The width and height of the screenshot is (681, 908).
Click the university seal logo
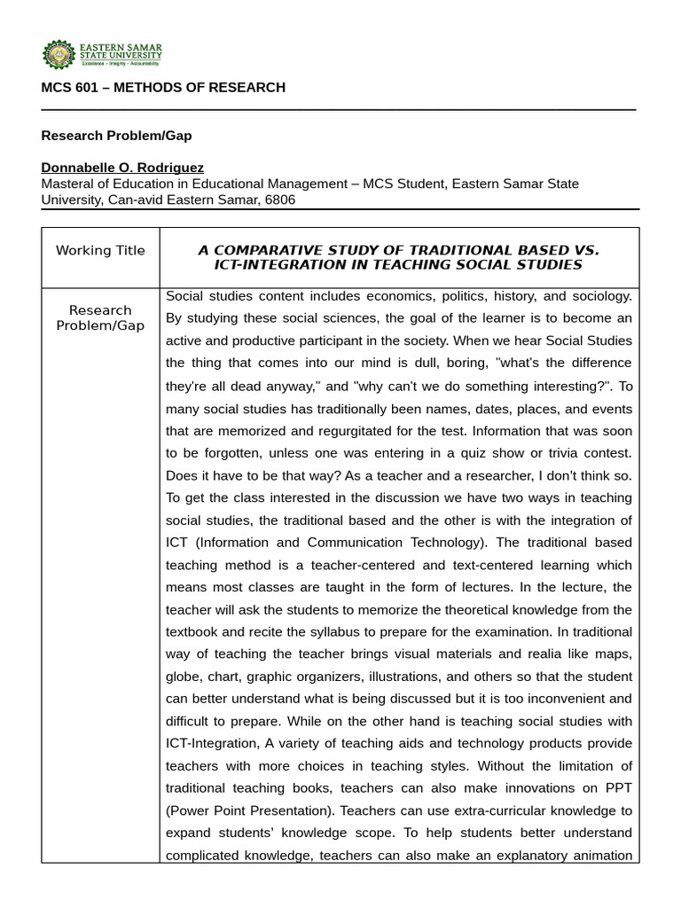click(x=59, y=55)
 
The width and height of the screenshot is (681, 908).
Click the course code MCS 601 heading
click(x=163, y=87)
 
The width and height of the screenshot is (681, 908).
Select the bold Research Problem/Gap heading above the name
click(x=116, y=136)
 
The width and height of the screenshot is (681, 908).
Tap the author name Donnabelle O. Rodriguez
click(x=122, y=168)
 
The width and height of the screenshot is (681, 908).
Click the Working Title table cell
click(x=100, y=250)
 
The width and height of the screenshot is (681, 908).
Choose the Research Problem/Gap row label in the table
click(x=100, y=317)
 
